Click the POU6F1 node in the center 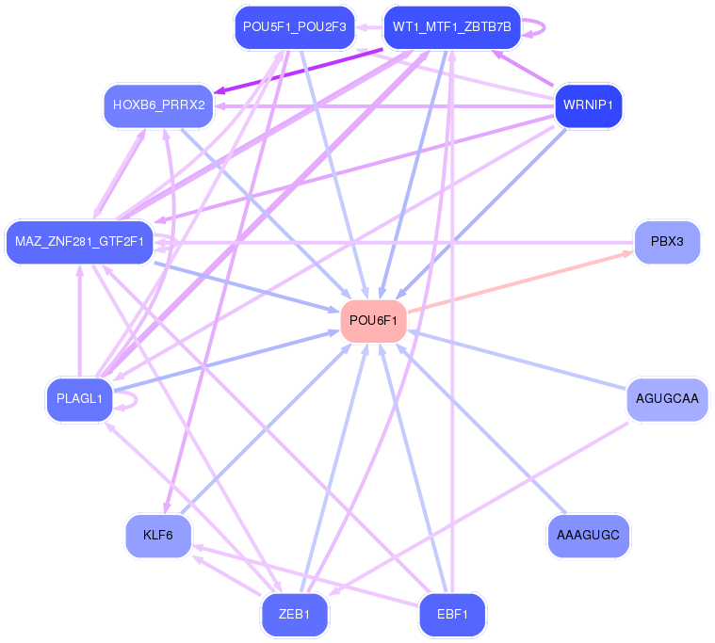[x=373, y=321]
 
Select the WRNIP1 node [x=588, y=105]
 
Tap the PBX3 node [x=667, y=242]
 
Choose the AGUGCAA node [x=667, y=399]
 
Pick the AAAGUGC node [x=588, y=536]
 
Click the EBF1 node [x=452, y=615]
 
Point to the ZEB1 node [x=295, y=615]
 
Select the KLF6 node [x=158, y=536]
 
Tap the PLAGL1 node [x=79, y=399]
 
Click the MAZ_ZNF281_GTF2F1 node [x=79, y=242]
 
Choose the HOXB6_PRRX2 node [x=158, y=105]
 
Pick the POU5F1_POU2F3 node [x=295, y=27]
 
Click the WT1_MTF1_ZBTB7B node [x=452, y=27]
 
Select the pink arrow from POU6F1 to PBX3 [x=520, y=281]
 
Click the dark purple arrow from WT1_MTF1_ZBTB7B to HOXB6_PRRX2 [x=299, y=72]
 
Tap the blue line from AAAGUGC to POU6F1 [x=480, y=428]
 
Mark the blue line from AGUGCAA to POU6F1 [x=517, y=361]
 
